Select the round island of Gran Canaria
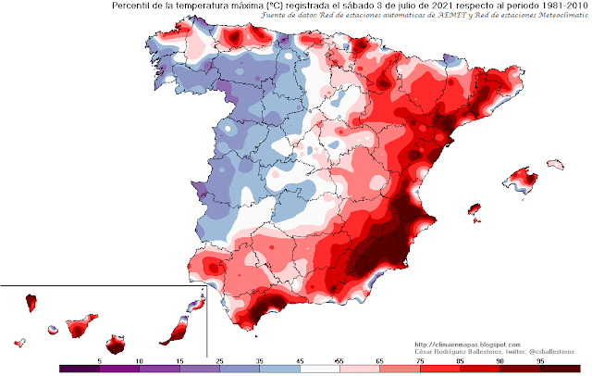coord(115,345)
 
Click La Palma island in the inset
coord(31,302)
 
